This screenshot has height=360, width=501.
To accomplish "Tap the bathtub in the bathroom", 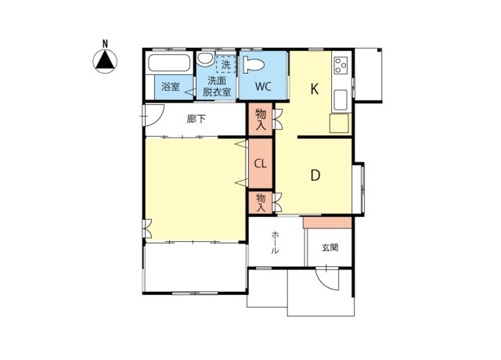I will tap(168, 64).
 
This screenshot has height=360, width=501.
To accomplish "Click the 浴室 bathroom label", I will tap(170, 86).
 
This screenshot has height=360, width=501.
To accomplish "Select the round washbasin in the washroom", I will tap(204, 59).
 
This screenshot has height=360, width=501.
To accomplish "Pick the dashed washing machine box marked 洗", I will tap(226, 64).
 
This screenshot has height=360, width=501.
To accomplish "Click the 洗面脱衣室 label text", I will tap(217, 86).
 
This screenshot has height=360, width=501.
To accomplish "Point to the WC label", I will tap(262, 87).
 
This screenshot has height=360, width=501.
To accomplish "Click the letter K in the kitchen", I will tap(314, 88).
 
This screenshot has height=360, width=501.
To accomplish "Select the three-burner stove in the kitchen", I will tap(341, 66).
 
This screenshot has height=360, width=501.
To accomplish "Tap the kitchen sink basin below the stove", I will tap(341, 99).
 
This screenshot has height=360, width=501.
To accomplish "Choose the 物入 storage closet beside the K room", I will tap(261, 120).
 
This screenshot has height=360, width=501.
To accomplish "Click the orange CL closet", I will tap(261, 164).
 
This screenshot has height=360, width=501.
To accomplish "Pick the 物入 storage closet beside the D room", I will tap(261, 203).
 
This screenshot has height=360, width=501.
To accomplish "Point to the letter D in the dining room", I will tap(315, 175).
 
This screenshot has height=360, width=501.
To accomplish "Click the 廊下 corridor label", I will tap(196, 119).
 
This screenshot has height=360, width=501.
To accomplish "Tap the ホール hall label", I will tap(275, 244).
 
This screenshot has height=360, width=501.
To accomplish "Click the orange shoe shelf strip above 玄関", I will tap(327, 222).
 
